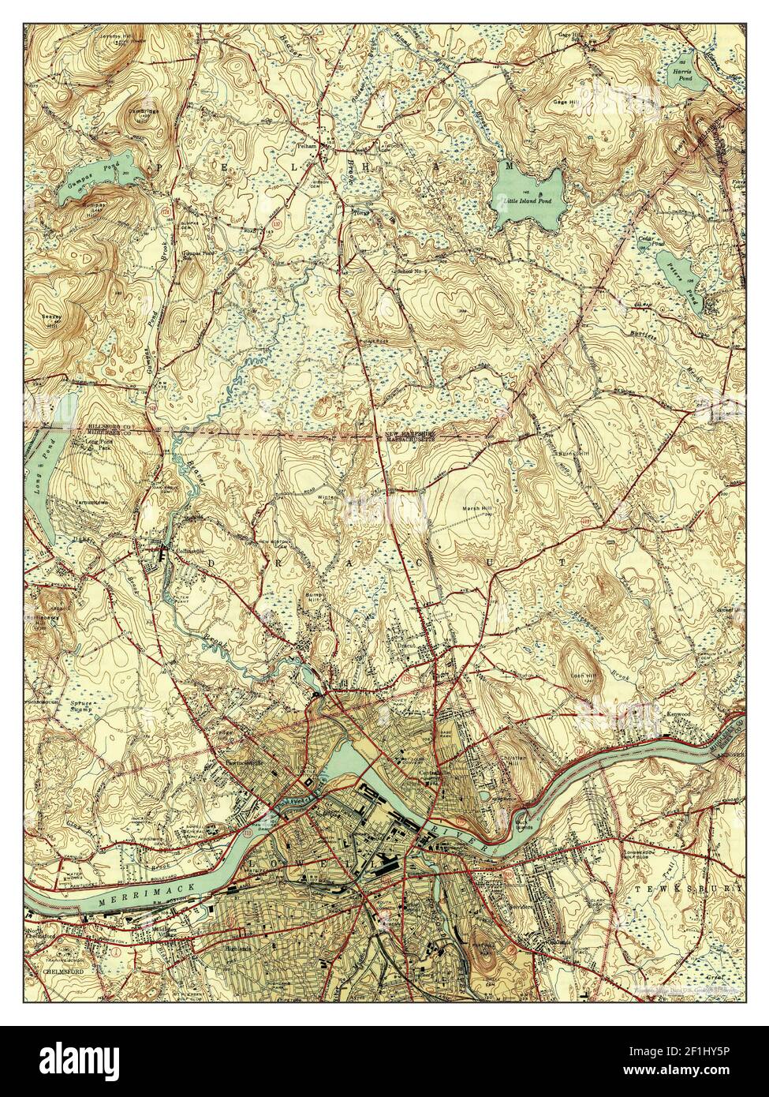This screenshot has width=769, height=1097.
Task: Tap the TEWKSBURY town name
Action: (689, 888)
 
